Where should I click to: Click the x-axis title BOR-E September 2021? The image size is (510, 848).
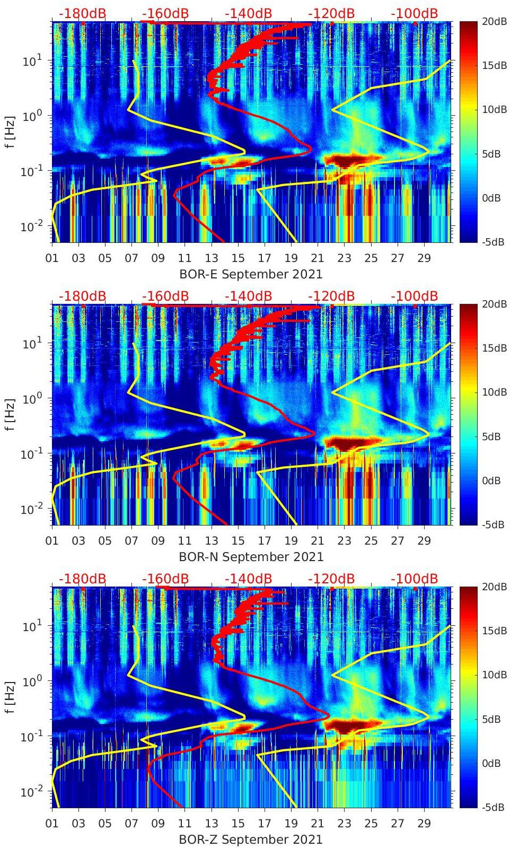[251, 274]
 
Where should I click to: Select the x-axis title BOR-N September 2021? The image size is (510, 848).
[251, 557]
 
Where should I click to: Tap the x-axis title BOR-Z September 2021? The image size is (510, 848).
[251, 840]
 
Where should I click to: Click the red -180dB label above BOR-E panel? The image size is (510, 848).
[82, 13]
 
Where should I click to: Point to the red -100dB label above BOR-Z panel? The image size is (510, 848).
[414, 579]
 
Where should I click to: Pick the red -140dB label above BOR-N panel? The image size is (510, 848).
[248, 296]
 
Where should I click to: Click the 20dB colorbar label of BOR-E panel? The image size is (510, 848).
[494, 21]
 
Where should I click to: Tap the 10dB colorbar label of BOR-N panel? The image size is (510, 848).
[494, 392]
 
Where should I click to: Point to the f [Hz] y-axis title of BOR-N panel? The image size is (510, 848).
[10, 414]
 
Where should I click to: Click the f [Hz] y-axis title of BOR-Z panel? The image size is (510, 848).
[10, 697]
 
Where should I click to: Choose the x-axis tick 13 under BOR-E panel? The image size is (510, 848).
[212, 258]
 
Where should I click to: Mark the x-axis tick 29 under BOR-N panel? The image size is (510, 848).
[424, 541]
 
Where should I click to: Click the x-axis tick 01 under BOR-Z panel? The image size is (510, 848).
[52, 824]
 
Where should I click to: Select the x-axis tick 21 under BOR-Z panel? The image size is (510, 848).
[318, 824]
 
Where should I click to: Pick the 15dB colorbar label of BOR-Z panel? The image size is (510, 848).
[494, 631]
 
